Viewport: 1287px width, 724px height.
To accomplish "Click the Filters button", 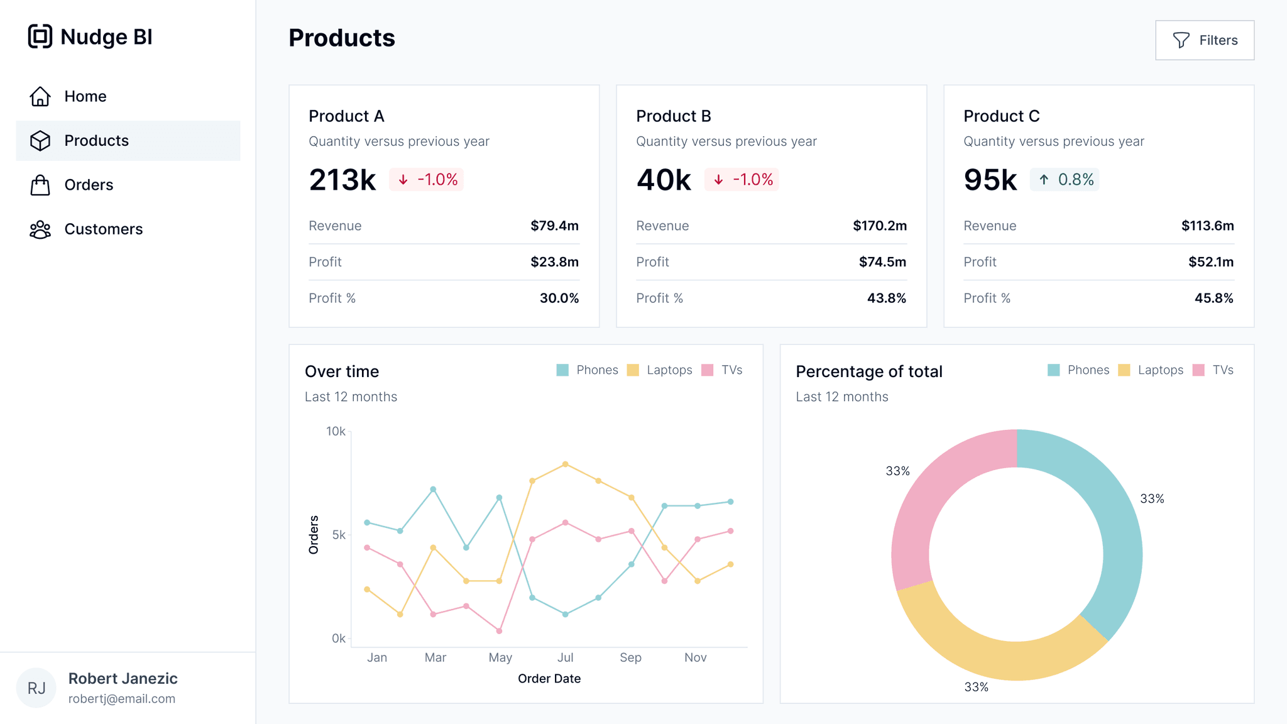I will pos(1204,40).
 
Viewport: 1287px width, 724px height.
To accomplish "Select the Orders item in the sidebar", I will pos(89,185).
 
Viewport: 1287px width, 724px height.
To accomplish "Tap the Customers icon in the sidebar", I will pos(40,229).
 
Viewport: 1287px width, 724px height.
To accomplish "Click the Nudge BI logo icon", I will pos(40,36).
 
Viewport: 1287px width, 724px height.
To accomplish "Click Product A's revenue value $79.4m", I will pos(554,226).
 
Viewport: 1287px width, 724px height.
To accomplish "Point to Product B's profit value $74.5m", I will pos(882,262).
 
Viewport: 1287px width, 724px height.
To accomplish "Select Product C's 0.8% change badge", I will pos(1064,180).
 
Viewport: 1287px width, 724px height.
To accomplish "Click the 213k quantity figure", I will pos(342,180).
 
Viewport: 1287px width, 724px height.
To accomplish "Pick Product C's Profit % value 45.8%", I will pos(1213,298).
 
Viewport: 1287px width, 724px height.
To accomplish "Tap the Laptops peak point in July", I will pos(566,464).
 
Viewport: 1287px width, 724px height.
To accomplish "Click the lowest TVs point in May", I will pos(499,631).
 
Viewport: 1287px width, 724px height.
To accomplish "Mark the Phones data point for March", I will pos(433,489).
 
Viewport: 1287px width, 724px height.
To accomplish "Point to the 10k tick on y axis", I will pos(336,431).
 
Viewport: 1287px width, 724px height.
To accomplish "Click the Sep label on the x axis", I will pos(630,657).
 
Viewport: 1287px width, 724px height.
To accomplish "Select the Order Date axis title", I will pos(549,679).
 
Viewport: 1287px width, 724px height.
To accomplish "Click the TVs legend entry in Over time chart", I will pos(722,370).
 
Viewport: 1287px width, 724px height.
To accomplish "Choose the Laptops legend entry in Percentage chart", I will pos(1151,370).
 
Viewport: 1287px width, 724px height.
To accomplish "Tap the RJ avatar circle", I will pos(36,688).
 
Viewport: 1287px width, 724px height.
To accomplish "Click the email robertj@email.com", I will pos(122,699).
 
